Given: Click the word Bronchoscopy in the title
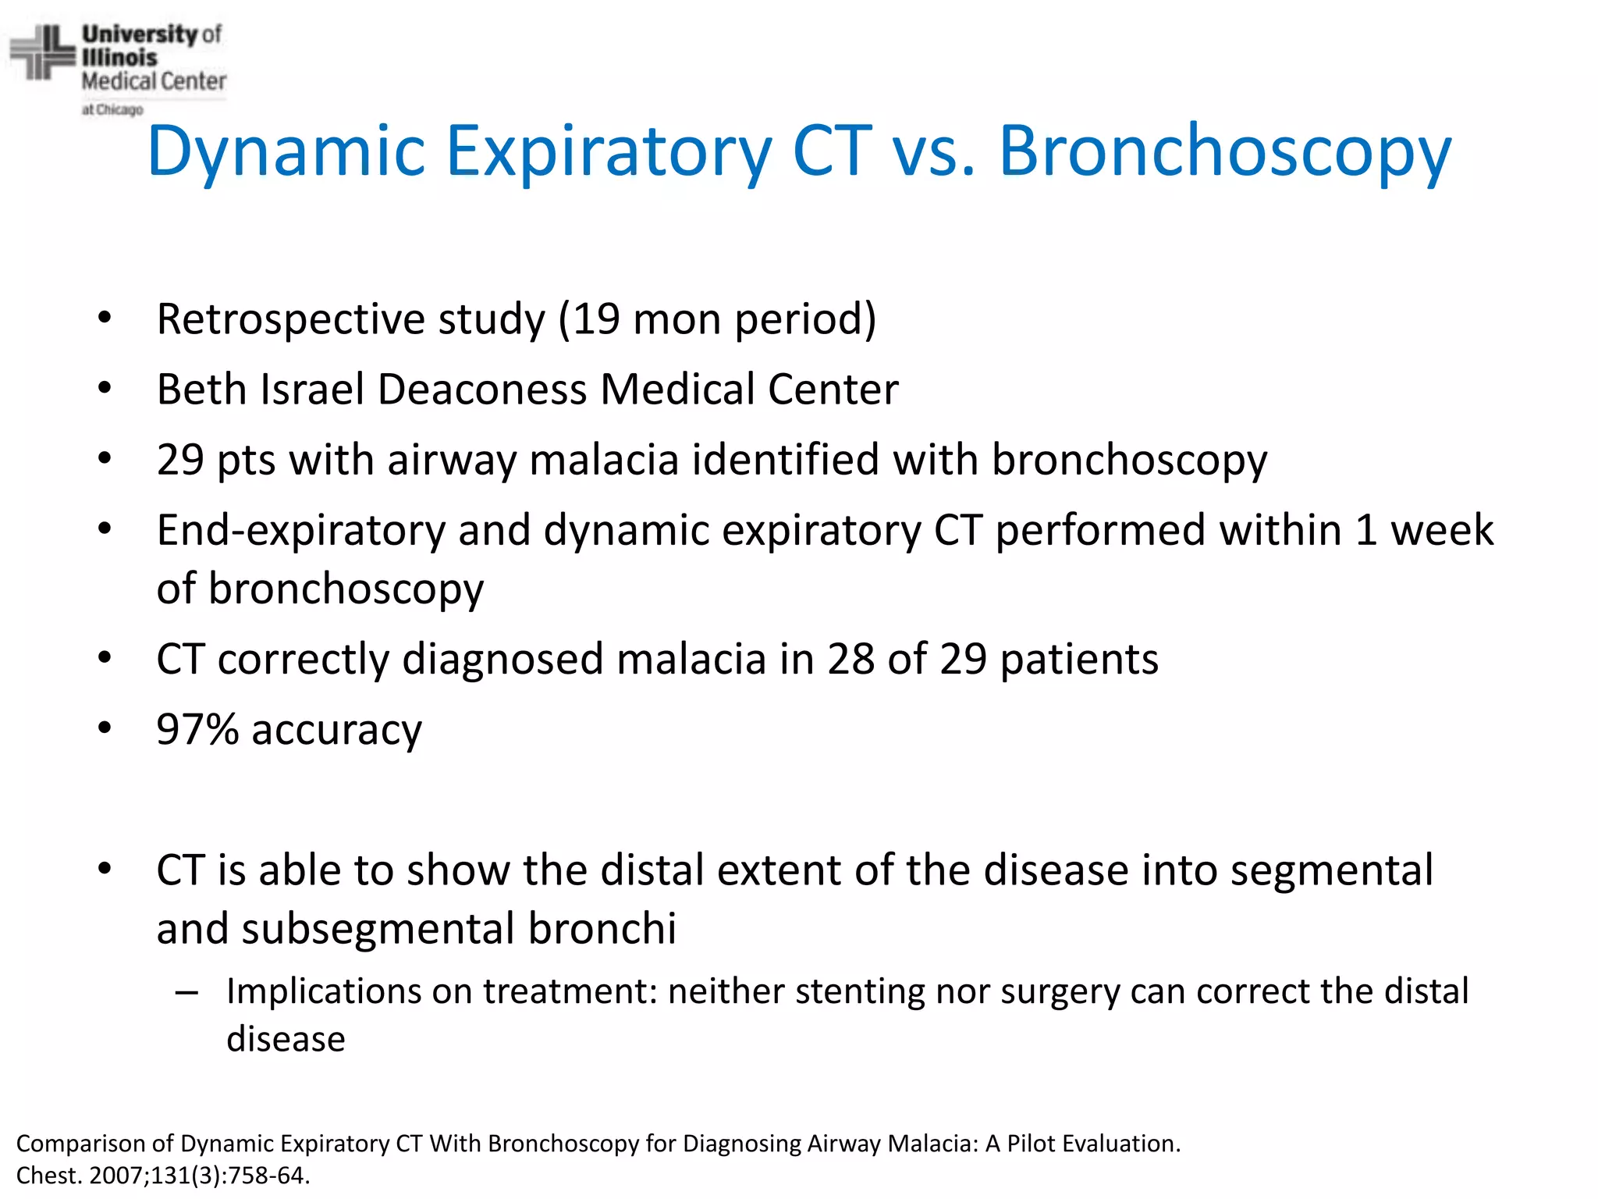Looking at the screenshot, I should point(1225,152).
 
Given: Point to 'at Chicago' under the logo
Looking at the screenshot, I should point(112,110).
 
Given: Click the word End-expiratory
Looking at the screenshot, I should point(300,531).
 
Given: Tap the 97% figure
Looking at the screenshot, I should point(197,730).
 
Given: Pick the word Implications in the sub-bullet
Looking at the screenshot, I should point(323,992).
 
